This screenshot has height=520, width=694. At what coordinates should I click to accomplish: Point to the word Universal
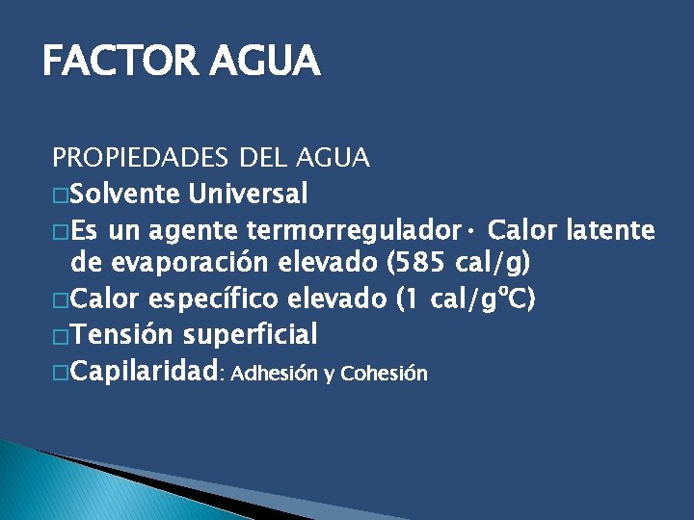[x=249, y=195]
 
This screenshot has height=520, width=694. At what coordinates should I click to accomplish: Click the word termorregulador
[x=352, y=231]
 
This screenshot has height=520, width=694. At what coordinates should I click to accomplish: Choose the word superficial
[x=250, y=335]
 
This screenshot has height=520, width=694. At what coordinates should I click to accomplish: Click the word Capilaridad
[x=146, y=372]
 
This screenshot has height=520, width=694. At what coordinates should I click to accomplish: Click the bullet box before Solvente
[x=61, y=196]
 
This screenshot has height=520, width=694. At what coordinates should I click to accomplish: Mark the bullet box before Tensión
[x=61, y=337]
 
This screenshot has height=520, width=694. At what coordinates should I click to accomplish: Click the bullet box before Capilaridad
[x=61, y=373]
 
